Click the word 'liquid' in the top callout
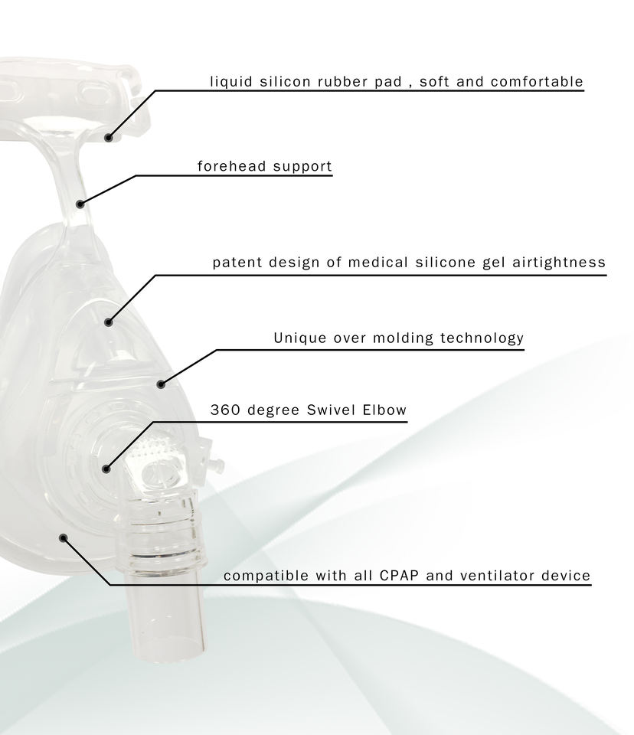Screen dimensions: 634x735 227,81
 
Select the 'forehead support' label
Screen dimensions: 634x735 264,166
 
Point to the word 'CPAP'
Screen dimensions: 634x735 399,576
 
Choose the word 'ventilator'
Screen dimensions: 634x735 498,576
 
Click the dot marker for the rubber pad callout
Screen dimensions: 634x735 109,138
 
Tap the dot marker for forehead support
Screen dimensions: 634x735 80,204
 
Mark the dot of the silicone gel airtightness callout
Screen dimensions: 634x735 108,322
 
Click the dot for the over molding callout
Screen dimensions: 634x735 161,384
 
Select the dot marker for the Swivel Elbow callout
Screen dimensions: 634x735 106,469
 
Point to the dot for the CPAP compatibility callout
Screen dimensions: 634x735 64,537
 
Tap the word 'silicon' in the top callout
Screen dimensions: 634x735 281,81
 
